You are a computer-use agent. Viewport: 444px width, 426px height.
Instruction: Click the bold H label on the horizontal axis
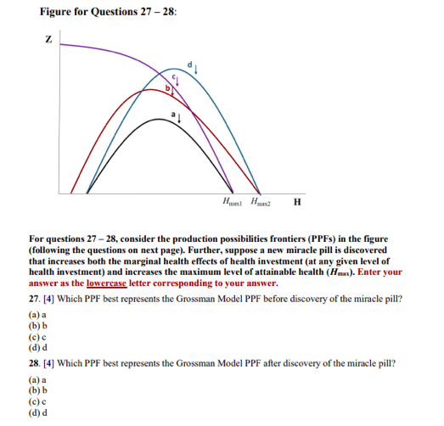(x=295, y=201)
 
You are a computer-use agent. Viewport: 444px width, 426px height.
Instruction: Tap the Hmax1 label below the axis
(x=232, y=201)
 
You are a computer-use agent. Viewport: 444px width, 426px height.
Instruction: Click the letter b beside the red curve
(x=168, y=87)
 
